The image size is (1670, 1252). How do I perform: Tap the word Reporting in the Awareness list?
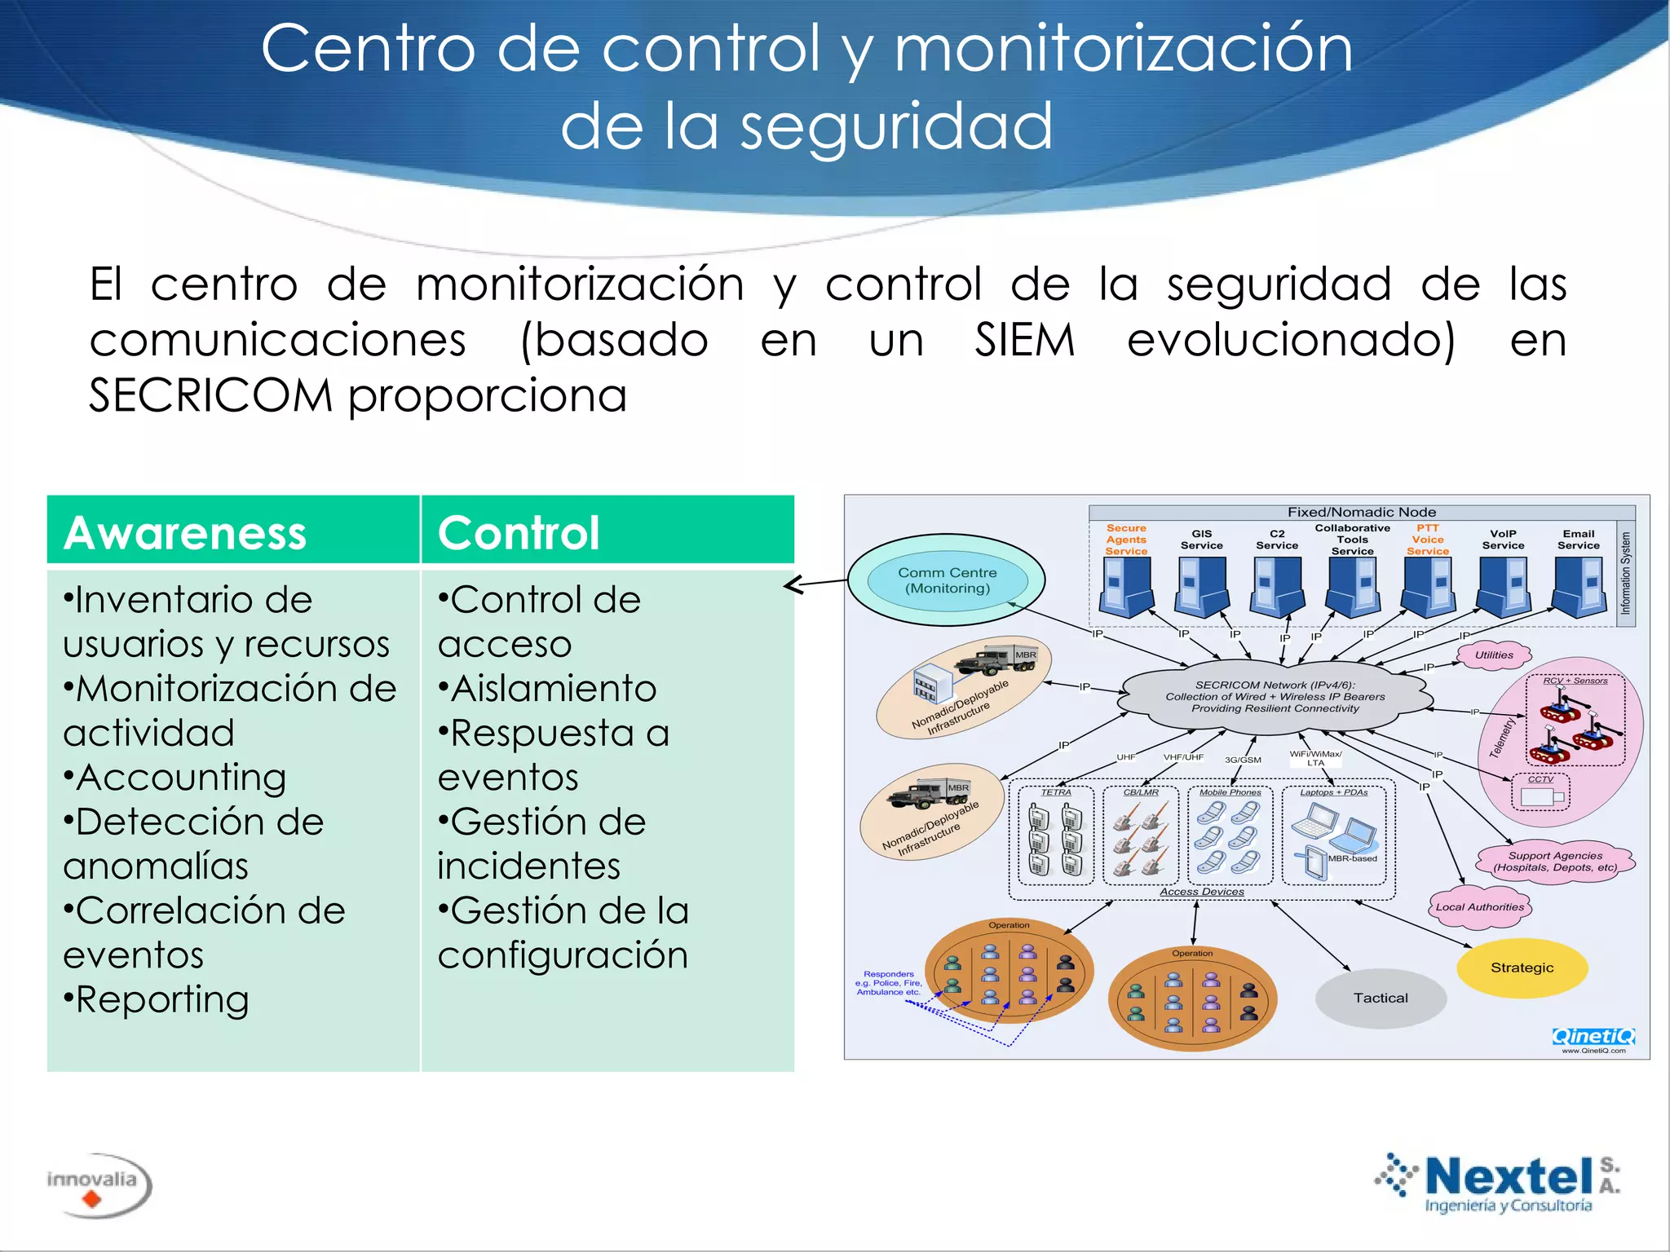(x=161, y=999)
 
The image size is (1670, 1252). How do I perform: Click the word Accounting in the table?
(x=181, y=777)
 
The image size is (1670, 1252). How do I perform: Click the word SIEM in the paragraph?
(x=1025, y=340)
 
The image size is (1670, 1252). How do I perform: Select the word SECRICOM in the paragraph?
(x=210, y=396)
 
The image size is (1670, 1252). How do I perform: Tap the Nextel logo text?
(x=1509, y=1177)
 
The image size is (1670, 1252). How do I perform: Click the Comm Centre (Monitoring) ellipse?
(x=947, y=580)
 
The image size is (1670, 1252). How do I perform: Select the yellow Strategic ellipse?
(x=1522, y=968)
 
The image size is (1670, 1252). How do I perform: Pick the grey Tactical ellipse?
(x=1381, y=998)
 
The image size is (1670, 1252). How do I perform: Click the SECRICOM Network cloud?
(x=1275, y=697)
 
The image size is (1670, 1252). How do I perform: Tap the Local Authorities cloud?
(x=1479, y=906)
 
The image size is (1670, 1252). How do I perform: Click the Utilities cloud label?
(x=1494, y=655)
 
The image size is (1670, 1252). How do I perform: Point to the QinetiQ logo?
(x=1593, y=1036)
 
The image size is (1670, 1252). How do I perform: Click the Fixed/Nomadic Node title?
(x=1361, y=512)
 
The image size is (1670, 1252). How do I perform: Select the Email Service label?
(x=1578, y=540)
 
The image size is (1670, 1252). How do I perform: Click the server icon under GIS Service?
(x=1201, y=585)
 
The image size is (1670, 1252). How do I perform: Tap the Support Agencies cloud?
(x=1554, y=861)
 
